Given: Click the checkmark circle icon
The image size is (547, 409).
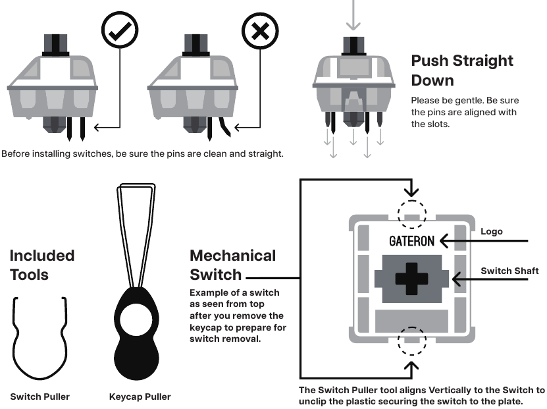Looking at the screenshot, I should coord(120,30).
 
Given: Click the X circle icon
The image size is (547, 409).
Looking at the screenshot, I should coord(261,30).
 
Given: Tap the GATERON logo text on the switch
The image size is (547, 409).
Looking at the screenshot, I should coord(411,240).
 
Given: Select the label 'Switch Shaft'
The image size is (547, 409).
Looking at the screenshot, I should coord(509,271).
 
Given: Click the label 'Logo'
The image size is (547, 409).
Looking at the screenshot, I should coord(490,232).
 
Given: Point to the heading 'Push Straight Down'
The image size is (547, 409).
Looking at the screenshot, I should coord(461,70).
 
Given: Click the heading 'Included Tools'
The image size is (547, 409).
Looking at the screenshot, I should coord(42,265).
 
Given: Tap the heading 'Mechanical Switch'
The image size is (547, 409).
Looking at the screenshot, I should coord(232,264).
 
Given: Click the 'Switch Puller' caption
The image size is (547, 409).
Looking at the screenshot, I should coord(39,396).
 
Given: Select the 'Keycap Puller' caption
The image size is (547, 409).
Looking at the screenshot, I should coord(140,396).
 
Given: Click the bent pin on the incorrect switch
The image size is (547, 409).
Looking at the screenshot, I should coord(224,126).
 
